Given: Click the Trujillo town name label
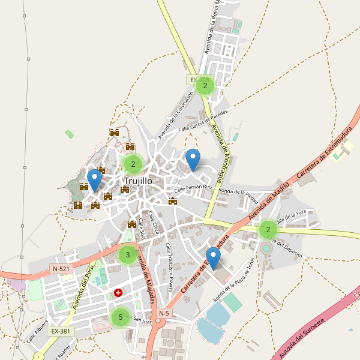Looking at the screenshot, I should click(138, 180).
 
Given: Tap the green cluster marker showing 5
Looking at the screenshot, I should click(121, 317).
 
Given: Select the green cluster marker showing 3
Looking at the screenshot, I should click(127, 255).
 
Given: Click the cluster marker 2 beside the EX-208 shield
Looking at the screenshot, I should click(205, 86).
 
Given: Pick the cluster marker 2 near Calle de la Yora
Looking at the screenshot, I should click(268, 229).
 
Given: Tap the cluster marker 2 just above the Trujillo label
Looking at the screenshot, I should click(133, 164).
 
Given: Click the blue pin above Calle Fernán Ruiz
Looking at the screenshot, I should click(192, 160).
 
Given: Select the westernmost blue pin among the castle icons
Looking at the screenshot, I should click(94, 180).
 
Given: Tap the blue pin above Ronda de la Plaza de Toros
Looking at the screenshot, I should click(213, 258).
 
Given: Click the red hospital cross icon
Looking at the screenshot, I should click(118, 293).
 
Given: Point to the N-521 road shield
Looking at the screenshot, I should click(61, 269).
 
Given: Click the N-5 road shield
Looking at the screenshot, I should click(164, 313).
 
